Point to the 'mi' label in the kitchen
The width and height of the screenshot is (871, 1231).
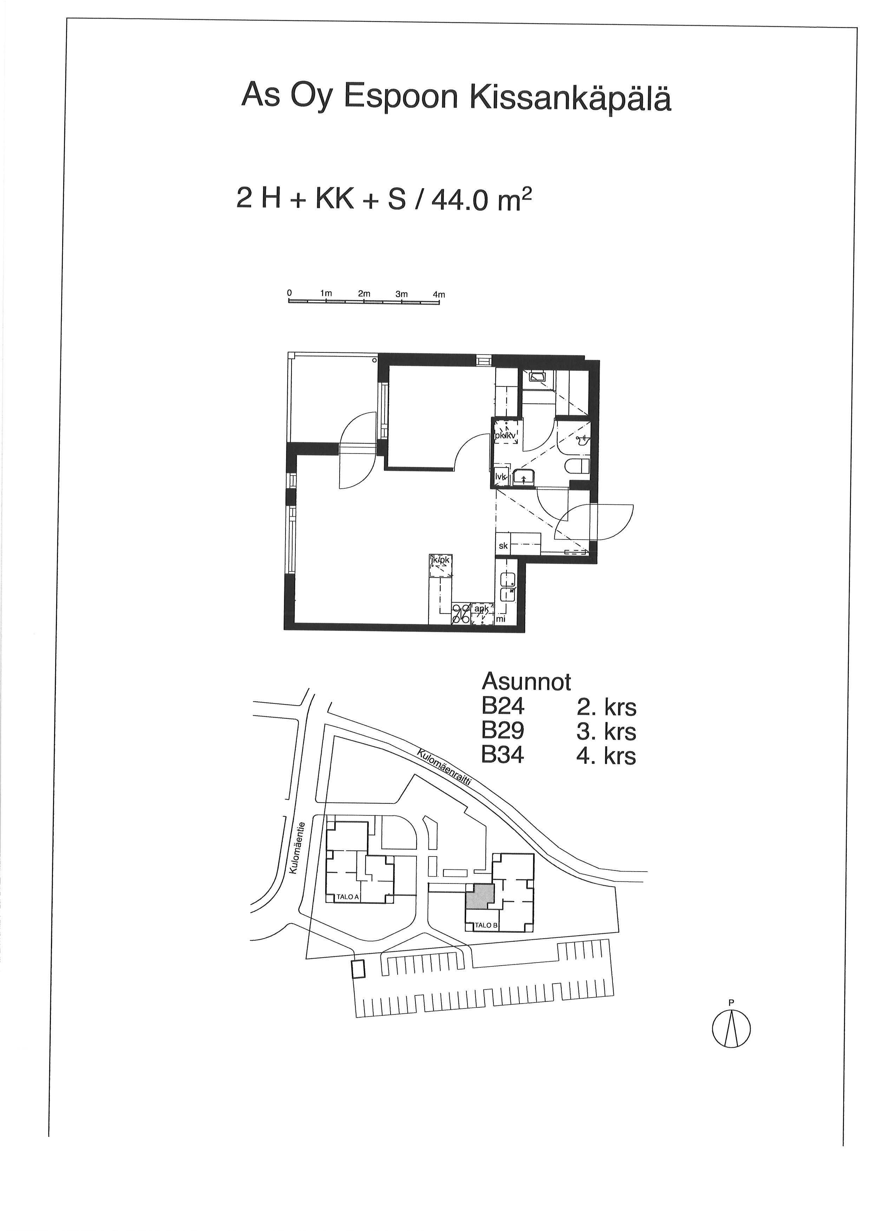tap(501, 619)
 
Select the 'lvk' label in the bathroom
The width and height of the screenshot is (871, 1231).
tap(501, 476)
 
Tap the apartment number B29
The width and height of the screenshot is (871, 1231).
tap(503, 731)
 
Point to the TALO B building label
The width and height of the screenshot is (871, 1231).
tap(486, 925)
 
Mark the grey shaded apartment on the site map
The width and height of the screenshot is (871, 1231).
tap(479, 895)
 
